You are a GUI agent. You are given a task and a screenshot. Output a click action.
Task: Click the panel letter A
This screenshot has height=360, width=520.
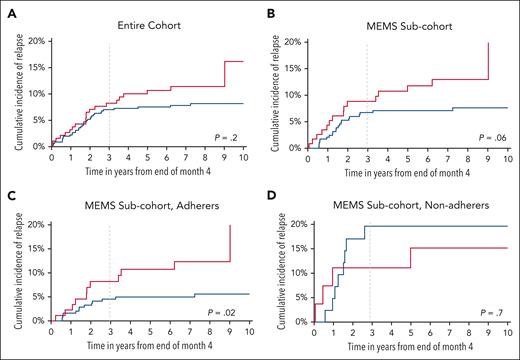pos(10,11)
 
